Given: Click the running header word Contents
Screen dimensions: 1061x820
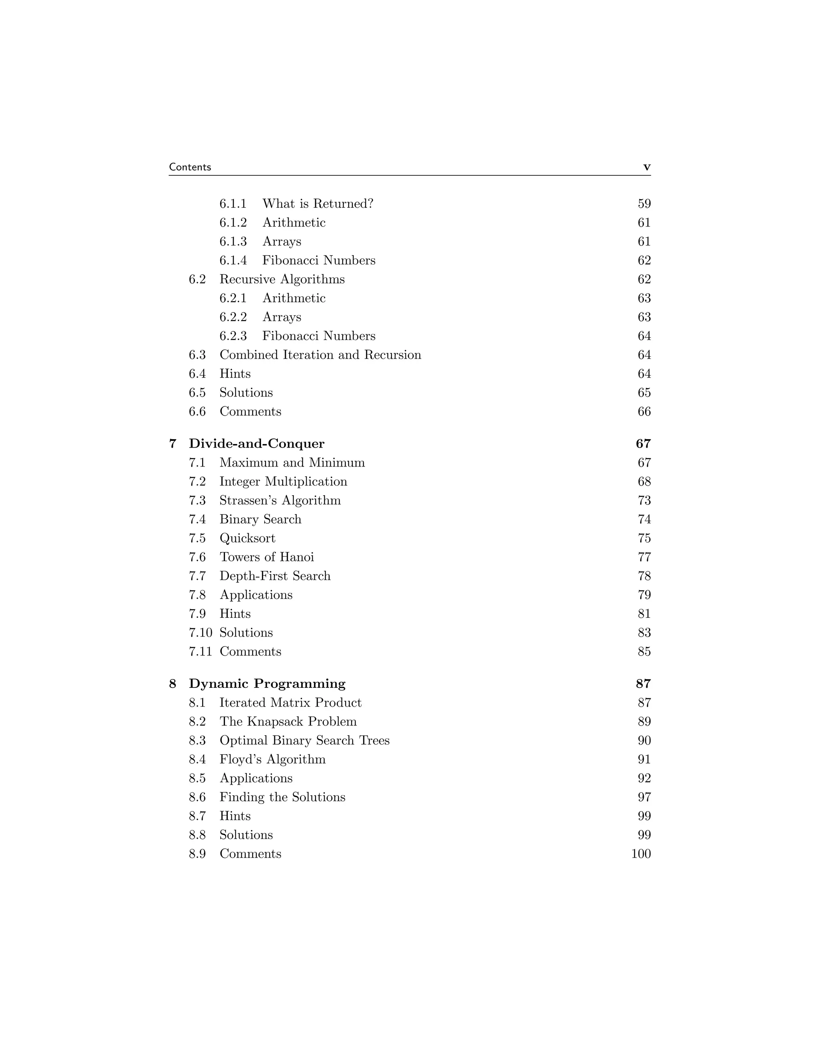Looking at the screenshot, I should click(x=190, y=167).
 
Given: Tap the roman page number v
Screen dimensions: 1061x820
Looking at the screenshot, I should click(x=647, y=167).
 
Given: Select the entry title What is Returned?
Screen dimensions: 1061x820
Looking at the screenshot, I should click(x=318, y=203).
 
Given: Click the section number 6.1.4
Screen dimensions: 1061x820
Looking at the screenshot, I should click(x=233, y=260).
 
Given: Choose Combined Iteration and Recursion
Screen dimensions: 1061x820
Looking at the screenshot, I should click(x=320, y=355).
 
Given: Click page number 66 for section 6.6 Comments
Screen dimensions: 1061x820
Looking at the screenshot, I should click(x=644, y=412).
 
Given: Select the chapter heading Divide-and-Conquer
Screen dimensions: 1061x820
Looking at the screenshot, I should click(x=257, y=444).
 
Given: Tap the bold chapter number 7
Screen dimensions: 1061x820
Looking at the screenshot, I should click(x=173, y=444).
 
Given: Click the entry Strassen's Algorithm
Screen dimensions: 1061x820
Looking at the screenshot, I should click(x=280, y=500).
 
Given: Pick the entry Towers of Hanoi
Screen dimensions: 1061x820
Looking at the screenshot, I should click(x=267, y=557).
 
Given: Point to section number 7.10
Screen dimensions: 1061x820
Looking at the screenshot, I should click(x=201, y=633).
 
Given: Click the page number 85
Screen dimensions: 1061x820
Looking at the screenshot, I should click(x=644, y=651).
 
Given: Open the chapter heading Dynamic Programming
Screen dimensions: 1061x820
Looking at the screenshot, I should click(x=267, y=683).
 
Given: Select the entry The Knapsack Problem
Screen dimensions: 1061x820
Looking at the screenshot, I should click(x=288, y=721).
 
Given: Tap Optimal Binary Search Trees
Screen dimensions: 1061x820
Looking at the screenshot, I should click(x=305, y=740).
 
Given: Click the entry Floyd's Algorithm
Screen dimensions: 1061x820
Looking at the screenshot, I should click(x=273, y=759).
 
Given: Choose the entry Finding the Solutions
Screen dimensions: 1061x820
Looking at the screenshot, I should click(x=282, y=797).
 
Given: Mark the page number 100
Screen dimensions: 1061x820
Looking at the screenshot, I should click(x=641, y=854).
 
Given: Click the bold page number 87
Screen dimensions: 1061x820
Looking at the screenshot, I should click(x=643, y=683).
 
